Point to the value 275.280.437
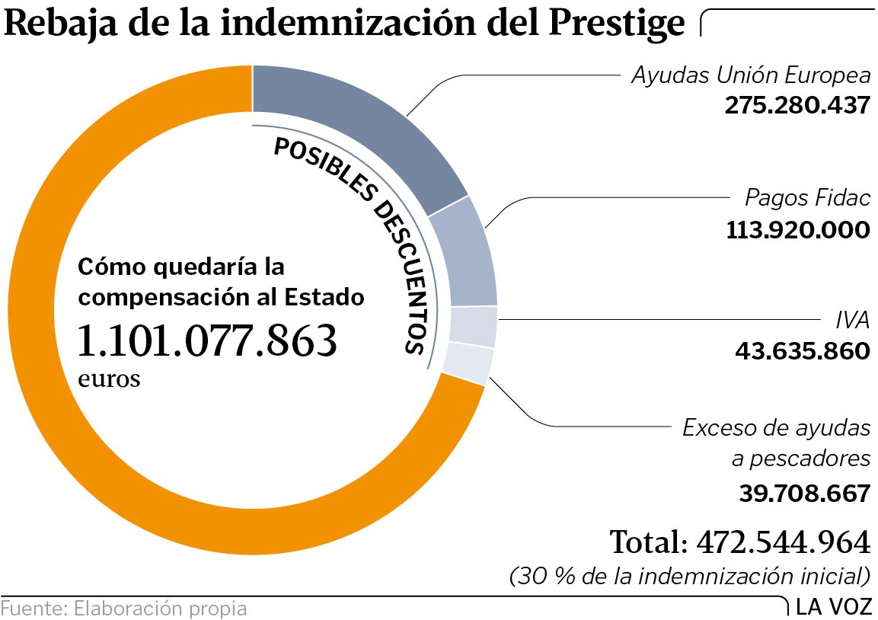pyautogui.click(x=797, y=105)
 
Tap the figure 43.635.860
pyautogui.click(x=802, y=350)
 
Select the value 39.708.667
pyautogui.click(x=804, y=493)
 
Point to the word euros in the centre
pyautogui.click(x=109, y=379)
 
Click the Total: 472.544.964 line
pyautogui.click(x=739, y=542)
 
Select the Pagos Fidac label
pyautogui.click(x=807, y=198)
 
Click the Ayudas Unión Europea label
pyautogui.click(x=751, y=75)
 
